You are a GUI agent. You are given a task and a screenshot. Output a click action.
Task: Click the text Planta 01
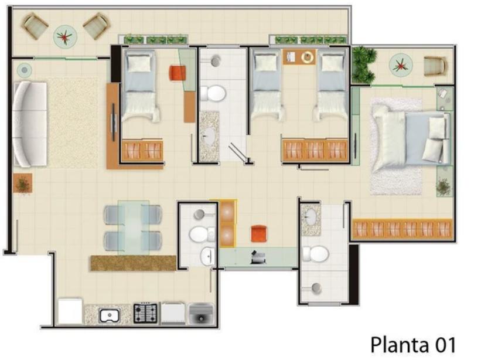coord(413,345)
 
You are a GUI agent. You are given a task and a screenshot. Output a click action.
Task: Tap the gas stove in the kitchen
coord(145,313)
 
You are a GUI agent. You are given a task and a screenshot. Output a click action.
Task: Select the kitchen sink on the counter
coord(110,316)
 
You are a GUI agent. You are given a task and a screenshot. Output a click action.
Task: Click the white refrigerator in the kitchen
coord(70,311)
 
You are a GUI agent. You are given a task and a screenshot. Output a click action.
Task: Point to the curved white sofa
coord(30,124)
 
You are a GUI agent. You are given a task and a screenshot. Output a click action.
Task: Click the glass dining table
coord(134,227)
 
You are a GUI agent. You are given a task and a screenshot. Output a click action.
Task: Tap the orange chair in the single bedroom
coord(178,73)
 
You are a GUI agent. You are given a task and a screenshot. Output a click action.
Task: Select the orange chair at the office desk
coord(258,233)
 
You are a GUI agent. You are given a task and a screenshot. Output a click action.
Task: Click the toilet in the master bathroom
coord(315,254)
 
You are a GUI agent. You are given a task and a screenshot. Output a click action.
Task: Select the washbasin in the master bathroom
coord(311,218)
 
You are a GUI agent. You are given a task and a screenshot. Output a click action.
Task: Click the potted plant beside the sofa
coord(23,184)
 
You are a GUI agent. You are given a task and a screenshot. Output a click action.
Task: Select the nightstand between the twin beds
coord(299,57)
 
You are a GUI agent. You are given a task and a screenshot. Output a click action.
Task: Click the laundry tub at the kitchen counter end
coord(201,313)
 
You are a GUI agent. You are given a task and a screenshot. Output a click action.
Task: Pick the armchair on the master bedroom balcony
coord(435,66)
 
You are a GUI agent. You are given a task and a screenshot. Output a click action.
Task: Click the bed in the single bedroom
coord(141,86)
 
